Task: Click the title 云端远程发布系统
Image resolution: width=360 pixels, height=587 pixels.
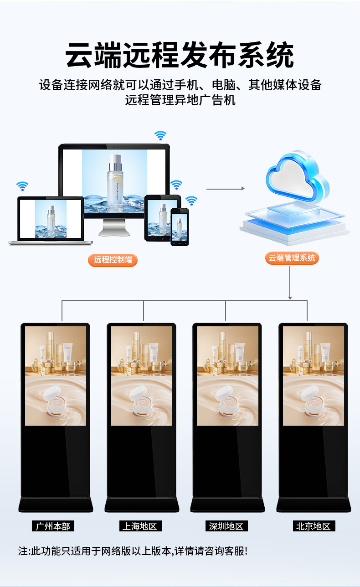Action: click(180, 56)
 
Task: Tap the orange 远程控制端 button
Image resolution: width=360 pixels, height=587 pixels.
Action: click(113, 260)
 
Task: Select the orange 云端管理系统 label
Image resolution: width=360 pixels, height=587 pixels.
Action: click(292, 258)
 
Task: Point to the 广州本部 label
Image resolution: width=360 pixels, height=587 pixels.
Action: click(53, 526)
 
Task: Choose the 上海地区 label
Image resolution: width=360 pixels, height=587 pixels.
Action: click(139, 526)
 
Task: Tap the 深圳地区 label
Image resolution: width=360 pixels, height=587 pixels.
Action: click(226, 526)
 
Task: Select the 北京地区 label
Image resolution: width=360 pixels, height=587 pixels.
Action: click(313, 526)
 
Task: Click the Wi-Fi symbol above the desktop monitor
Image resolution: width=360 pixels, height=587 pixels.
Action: click(160, 135)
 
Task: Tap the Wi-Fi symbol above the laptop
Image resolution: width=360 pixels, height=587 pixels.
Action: click(22, 186)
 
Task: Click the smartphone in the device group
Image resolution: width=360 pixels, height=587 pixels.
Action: click(180, 227)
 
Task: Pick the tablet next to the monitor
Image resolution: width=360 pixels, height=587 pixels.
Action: click(161, 217)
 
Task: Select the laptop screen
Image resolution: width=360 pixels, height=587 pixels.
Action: click(51, 219)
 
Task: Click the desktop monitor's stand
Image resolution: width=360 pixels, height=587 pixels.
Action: click(114, 226)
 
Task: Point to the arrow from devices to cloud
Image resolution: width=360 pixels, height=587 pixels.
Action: click(225, 188)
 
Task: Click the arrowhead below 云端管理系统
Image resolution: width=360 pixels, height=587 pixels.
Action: click(290, 298)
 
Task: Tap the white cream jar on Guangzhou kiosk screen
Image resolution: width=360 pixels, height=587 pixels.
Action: click(53, 397)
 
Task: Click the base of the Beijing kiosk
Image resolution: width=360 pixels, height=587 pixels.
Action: click(314, 504)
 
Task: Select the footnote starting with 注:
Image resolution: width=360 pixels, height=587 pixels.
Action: click(133, 551)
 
